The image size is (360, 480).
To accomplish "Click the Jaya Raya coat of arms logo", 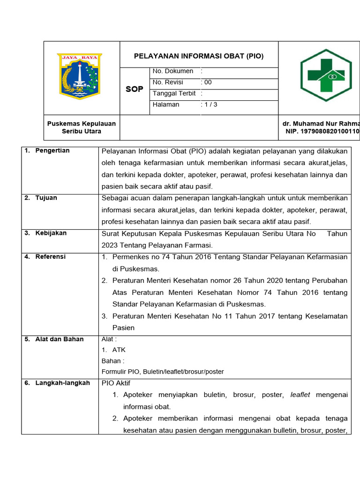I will pyautogui.click(x=79, y=76).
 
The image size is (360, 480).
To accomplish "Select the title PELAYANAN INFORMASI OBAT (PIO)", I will pyautogui.click(x=199, y=56).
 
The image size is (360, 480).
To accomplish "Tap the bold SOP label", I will pyautogui.click(x=135, y=89).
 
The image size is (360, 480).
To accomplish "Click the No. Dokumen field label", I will pyautogui.click(x=173, y=71).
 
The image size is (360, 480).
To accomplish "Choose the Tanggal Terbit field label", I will pyautogui.click(x=174, y=93).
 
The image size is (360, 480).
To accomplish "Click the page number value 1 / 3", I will pyautogui.click(x=210, y=105).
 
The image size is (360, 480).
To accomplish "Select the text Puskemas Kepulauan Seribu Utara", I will pyautogui.click(x=82, y=127).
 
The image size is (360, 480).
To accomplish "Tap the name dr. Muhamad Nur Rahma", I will pyautogui.click(x=321, y=124).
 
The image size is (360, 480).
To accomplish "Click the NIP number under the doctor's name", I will pyautogui.click(x=322, y=132).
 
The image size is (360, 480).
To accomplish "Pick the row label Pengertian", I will pyautogui.click(x=52, y=150).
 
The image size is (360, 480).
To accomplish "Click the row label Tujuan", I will pyautogui.click(x=46, y=198).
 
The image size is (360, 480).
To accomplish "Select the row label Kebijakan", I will pyautogui.click(x=51, y=233).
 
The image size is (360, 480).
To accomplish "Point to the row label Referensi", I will pyautogui.click(x=51, y=257).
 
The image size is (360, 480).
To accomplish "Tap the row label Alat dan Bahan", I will pyautogui.click(x=59, y=339).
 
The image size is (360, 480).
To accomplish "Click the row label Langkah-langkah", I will pyautogui.click(x=62, y=383).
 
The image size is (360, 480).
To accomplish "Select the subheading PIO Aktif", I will pyautogui.click(x=116, y=383).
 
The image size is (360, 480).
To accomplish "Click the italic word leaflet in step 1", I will pyautogui.click(x=300, y=395).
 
